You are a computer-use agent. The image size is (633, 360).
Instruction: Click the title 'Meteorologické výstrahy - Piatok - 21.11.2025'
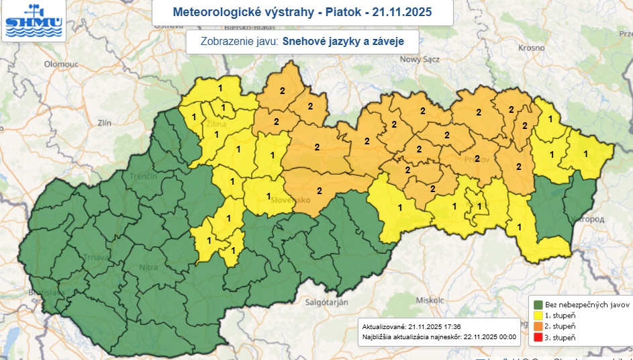302,12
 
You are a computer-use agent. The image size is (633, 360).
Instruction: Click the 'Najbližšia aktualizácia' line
438,335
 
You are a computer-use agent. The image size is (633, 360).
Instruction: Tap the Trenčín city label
144,175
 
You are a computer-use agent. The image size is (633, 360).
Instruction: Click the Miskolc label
430,299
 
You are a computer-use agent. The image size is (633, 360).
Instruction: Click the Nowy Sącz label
419,59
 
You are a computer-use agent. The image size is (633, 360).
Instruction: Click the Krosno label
531,48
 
